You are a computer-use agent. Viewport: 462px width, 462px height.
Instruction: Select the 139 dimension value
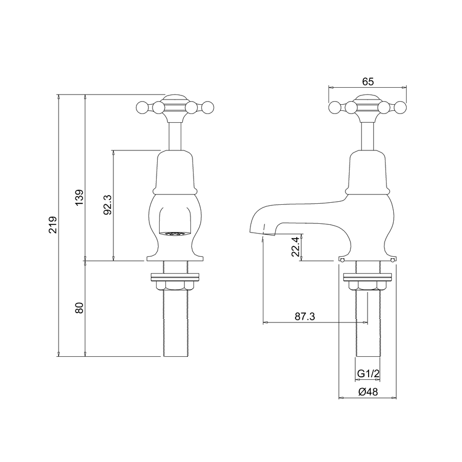tap(79, 198)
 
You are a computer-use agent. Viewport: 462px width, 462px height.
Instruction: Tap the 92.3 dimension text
tap(107, 205)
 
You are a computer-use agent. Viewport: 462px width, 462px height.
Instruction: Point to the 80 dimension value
tap(79, 308)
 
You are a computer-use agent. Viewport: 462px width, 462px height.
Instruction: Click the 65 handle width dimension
tap(368, 81)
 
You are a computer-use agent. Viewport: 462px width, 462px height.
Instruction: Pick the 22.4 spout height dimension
tap(294, 246)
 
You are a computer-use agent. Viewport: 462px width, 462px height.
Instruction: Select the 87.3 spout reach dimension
tap(304, 316)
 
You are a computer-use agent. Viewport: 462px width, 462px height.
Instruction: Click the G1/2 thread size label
tap(368, 373)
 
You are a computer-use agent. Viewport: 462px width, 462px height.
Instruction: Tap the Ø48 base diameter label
tap(368, 391)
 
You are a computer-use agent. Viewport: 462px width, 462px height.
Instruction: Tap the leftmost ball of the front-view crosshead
tap(142, 107)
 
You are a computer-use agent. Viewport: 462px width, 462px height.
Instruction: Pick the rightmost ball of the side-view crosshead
tap(400, 107)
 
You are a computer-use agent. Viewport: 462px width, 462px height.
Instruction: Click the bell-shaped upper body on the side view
tap(368, 172)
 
